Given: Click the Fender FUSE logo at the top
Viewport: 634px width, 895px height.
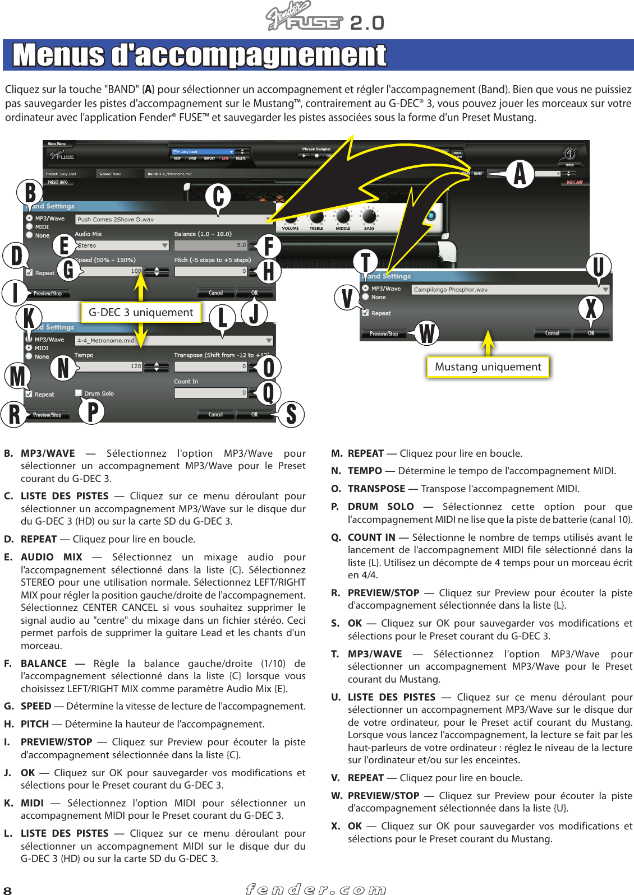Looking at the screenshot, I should point(304,17).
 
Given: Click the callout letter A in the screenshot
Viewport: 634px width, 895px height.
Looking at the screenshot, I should point(520,173).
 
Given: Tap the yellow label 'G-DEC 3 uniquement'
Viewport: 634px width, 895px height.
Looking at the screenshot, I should point(141,312).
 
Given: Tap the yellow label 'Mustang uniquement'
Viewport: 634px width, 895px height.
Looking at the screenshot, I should point(488,367).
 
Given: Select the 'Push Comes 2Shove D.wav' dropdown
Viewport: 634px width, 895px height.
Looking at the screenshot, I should point(174,219).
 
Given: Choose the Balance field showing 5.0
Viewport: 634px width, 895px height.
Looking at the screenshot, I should point(210,245).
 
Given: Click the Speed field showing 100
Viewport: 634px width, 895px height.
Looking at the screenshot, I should point(112,271).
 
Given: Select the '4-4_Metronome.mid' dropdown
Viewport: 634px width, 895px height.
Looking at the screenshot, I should point(174,340).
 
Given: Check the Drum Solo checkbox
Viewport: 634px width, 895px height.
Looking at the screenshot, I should point(79,393).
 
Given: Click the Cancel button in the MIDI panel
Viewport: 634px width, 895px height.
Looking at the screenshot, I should point(215,415).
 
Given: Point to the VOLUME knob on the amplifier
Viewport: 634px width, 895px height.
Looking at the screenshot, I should point(290,219).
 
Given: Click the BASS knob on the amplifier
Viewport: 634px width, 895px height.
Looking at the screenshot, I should point(369,216).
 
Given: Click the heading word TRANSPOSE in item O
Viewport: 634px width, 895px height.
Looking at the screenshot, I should point(376,489).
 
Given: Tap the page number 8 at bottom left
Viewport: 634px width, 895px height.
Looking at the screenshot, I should point(7,891).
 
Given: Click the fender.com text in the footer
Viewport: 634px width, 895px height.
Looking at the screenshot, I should point(316,889).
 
